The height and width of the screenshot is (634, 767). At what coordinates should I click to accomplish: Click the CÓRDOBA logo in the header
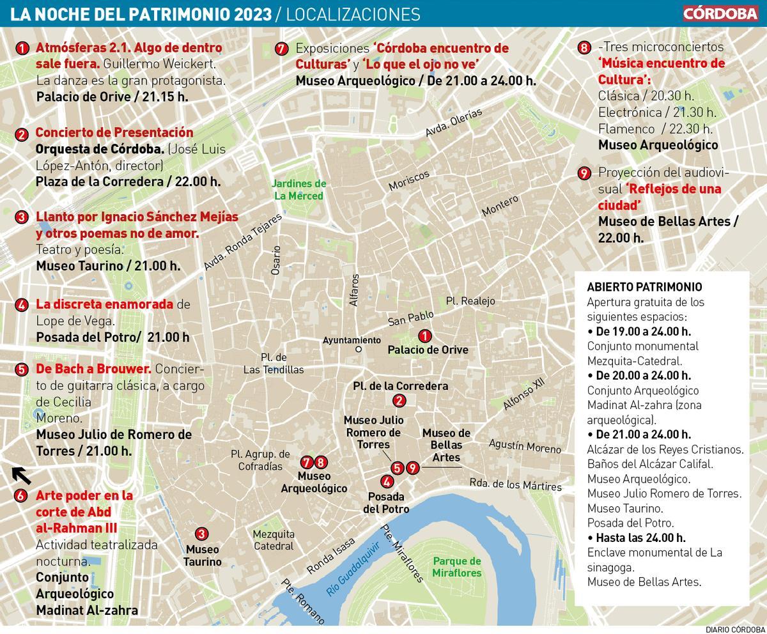(720, 13)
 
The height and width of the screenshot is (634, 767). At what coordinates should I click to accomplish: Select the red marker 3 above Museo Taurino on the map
(201, 534)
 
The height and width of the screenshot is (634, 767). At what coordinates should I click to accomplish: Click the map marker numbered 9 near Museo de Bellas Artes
(413, 468)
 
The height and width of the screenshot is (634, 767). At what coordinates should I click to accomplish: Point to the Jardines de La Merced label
(300, 190)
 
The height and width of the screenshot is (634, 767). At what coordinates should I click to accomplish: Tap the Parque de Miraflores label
(456, 567)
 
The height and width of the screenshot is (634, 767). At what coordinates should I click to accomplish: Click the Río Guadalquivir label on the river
(353, 568)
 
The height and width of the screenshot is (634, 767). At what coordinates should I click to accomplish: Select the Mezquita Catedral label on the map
(274, 540)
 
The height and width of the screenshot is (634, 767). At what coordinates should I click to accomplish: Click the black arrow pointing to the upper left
(22, 475)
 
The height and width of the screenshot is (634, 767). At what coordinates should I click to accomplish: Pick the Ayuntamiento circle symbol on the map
(359, 350)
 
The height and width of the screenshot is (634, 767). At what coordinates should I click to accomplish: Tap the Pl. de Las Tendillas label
(274, 363)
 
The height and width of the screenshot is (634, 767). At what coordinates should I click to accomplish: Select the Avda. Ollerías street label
(454, 123)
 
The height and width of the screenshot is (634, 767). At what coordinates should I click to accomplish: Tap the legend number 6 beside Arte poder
(22, 495)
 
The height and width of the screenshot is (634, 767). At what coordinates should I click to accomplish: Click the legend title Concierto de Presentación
(114, 132)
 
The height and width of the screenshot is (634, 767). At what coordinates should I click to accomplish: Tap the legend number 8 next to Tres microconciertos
(584, 48)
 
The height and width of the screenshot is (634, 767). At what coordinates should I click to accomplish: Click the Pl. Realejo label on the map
(470, 300)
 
